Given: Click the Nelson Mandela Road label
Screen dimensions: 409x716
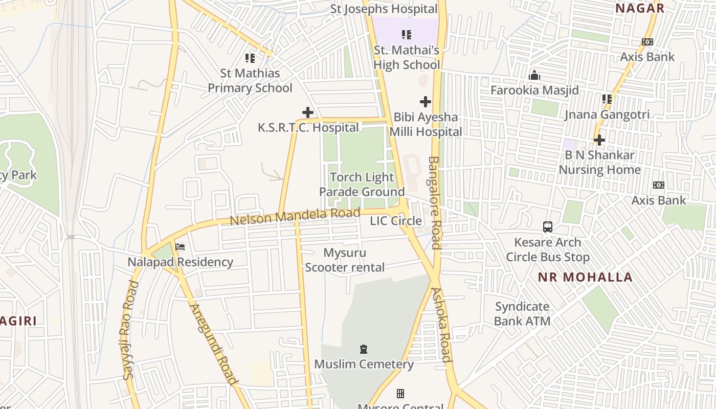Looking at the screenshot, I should [x=295, y=217].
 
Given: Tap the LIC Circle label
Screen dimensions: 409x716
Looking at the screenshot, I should [x=396, y=221].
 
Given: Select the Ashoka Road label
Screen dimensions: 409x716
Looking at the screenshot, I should [x=442, y=325].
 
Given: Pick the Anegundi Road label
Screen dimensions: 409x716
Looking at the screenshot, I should [x=213, y=344].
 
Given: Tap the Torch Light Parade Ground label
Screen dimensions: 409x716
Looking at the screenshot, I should [x=362, y=185].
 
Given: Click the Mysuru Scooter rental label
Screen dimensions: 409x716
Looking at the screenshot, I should [x=345, y=260].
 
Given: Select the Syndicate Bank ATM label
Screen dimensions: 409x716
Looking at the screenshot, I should [x=522, y=314].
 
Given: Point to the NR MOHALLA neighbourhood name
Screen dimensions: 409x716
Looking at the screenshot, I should [x=585, y=278].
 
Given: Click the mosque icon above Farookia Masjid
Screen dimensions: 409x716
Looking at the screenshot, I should [x=534, y=76].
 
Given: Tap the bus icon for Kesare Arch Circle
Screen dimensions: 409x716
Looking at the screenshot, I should [x=548, y=226].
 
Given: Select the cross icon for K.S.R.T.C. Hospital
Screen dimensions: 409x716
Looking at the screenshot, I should [x=308, y=112].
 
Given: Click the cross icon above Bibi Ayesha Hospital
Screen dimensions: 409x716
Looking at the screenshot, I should [x=425, y=102].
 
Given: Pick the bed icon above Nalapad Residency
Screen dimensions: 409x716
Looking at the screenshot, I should [x=180, y=247].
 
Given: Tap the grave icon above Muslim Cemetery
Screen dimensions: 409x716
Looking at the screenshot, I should [x=364, y=349].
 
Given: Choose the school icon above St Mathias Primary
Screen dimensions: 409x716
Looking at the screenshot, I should [x=250, y=58].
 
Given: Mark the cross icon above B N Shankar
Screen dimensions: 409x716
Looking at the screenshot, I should [x=599, y=140].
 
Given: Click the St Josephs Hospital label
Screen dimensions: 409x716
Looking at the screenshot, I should [x=384, y=9].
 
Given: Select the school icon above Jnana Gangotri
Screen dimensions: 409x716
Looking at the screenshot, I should [x=607, y=99].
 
